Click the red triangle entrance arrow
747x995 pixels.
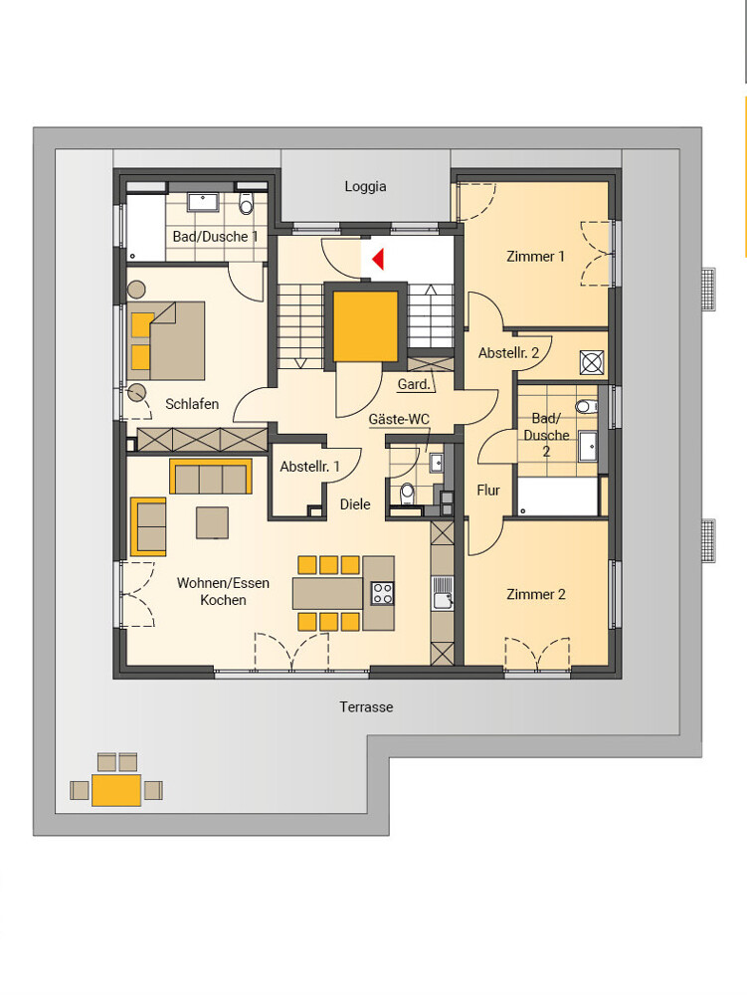pos(379,259)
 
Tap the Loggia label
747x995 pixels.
pos(365,187)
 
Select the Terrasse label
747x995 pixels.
pos(366,706)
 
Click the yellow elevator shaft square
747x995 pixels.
pos(365,326)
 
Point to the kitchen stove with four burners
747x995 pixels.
pos(382,593)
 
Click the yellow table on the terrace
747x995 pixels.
pos(116,790)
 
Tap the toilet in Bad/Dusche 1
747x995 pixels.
pos(246,204)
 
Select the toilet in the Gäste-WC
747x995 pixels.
pos(407,492)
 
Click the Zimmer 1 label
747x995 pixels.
pos(535,257)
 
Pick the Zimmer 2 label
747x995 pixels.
pos(535,595)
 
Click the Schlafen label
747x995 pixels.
pos(192,404)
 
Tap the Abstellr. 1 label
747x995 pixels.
pos(309,467)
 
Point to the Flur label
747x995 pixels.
pos(488,490)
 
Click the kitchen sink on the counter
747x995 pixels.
pos(443,594)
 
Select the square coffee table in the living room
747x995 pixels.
pos(212,522)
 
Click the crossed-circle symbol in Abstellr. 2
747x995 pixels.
pos(592,362)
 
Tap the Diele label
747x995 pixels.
pos(355,504)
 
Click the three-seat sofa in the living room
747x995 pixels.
pos(211,476)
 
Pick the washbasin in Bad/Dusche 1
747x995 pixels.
pos(203,202)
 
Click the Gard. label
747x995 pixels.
pos(414,384)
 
